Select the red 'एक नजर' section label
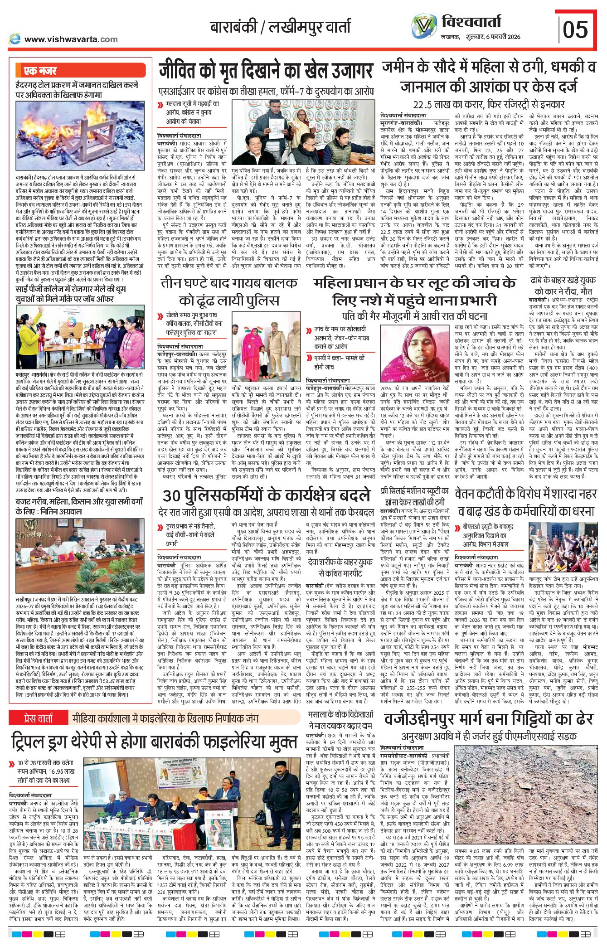pos(40,71)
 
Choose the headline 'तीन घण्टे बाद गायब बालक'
pos(229,283)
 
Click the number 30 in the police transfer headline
pos(172,495)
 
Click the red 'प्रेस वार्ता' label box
pos(39,718)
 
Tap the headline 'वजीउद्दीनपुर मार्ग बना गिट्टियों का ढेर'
pos(488,719)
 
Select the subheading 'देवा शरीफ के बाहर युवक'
pos(340,563)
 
